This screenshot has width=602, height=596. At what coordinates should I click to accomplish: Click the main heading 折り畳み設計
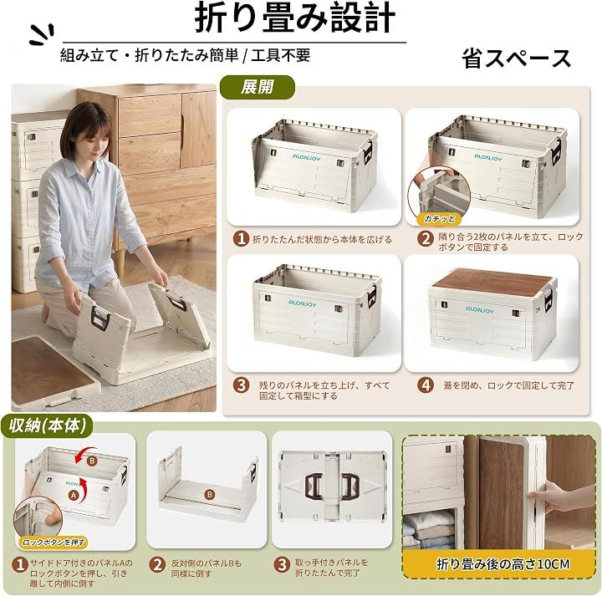point(295,18)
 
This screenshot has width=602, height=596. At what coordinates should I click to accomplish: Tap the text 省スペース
point(517,59)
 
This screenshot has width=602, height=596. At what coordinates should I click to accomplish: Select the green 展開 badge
point(257,87)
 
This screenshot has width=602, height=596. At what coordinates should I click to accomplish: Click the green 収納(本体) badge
point(47,425)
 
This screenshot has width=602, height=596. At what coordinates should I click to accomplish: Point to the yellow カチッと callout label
point(439,219)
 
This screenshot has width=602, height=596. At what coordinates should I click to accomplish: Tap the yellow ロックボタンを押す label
point(54,543)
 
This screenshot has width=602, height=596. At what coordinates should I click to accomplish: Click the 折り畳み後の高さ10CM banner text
point(503,564)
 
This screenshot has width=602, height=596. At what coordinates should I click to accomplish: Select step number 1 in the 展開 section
point(241,239)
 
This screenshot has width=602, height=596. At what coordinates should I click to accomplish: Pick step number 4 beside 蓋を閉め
point(426,385)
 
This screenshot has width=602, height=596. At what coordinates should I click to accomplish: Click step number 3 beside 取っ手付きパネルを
point(282,564)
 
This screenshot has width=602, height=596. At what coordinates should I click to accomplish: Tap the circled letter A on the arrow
point(74,496)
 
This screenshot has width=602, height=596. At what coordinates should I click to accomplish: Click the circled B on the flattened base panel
point(209,494)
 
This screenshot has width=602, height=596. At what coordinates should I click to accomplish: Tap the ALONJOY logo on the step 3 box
point(302,303)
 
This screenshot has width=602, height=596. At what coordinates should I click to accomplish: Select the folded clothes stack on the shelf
point(429,530)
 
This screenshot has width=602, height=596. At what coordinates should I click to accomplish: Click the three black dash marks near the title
point(43,34)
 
